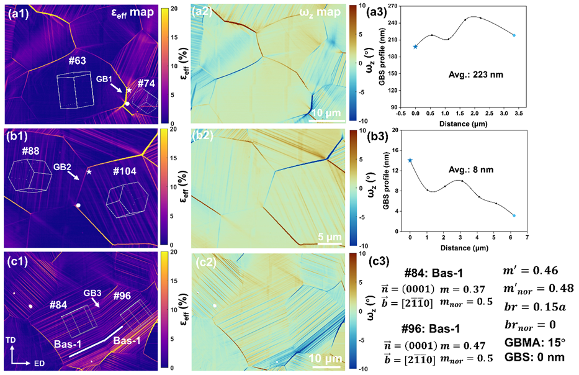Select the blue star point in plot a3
coord(415,47)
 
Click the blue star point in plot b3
coord(410,160)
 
